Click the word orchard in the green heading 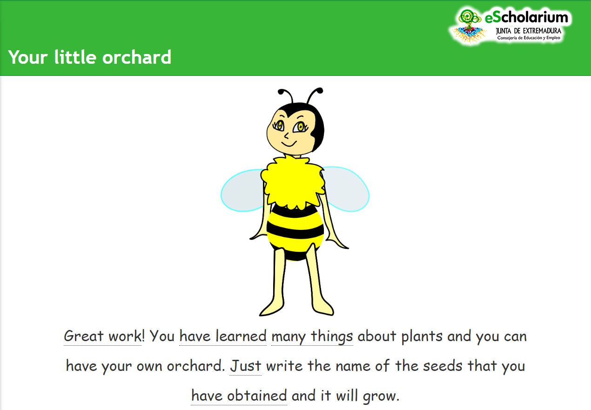tap(137, 57)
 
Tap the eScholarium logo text tap(527, 17)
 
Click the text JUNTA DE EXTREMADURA tap(529, 31)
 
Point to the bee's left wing tap(242, 190)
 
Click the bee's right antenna tap(315, 95)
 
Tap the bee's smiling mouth tap(289, 144)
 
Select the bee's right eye tap(300, 127)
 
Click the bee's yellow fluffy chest tap(292, 182)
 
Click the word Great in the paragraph tap(84, 336)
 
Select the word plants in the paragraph tap(422, 337)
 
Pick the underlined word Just tap(246, 366)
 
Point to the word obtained tap(257, 395)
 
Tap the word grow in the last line tap(380, 397)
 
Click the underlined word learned tap(241, 336)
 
